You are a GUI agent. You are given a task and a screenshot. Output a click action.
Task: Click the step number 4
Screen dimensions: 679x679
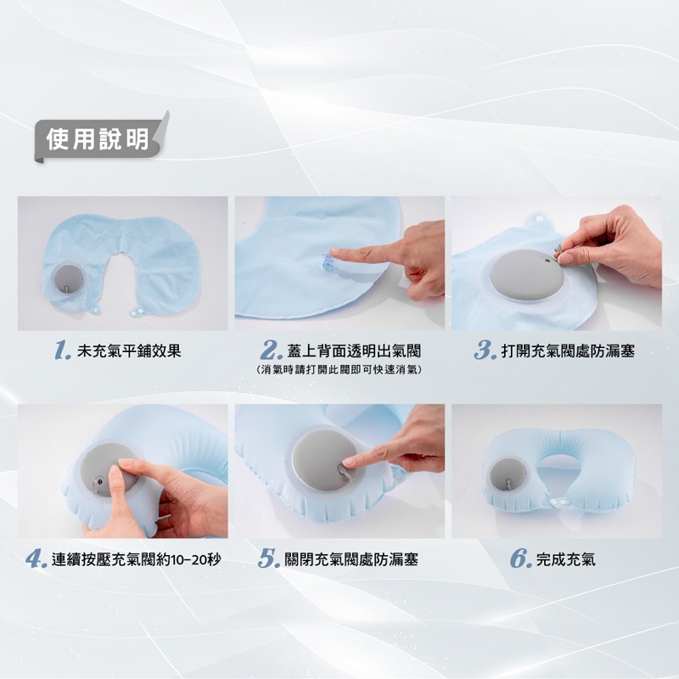[35, 559]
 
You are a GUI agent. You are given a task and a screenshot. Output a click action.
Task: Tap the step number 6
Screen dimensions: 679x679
[520, 559]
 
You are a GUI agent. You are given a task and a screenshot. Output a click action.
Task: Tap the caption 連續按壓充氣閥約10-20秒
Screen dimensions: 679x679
[137, 559]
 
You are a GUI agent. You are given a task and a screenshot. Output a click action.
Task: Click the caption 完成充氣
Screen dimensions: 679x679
[566, 559]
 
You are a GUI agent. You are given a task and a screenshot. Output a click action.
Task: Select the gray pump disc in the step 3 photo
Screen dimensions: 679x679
[522, 276]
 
